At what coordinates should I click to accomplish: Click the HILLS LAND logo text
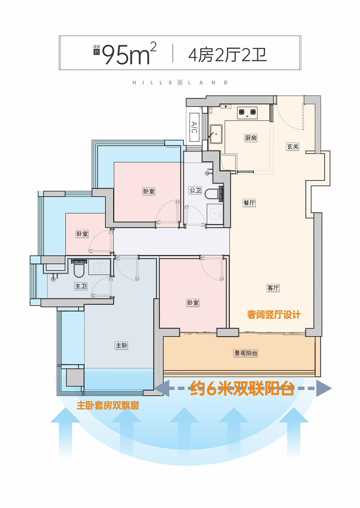180,82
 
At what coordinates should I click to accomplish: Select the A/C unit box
194,127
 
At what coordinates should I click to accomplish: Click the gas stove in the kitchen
247,113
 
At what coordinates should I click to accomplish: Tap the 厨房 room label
251,138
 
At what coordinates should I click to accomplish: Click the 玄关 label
292,146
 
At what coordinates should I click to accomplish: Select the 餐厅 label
249,203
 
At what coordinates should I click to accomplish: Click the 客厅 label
273,288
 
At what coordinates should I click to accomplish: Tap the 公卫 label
195,190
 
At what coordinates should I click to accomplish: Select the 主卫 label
81,286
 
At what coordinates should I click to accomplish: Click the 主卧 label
121,345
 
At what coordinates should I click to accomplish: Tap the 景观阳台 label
246,353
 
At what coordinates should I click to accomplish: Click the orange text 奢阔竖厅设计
274,314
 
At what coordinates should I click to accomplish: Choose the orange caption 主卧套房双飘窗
108,405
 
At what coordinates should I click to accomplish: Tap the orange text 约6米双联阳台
242,388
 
